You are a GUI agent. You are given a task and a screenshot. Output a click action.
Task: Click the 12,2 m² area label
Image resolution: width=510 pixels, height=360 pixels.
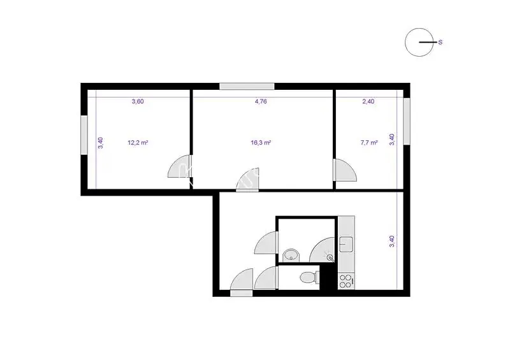(138, 143)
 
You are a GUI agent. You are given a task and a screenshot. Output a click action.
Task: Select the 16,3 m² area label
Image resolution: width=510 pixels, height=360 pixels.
(261, 143)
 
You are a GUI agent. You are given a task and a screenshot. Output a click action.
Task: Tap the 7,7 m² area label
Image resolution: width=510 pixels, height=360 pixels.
(369, 143)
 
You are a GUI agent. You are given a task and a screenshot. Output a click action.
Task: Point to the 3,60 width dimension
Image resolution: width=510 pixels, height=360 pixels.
(138, 101)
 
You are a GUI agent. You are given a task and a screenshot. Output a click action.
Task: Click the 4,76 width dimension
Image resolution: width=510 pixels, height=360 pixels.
(261, 101)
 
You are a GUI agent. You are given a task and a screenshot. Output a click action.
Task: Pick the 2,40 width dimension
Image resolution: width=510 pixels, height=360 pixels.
(368, 101)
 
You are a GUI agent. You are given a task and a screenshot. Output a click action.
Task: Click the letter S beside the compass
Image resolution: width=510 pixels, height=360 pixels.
(441, 42)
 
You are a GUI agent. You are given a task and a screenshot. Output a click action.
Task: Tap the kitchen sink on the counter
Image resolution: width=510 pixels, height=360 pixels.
(346, 244)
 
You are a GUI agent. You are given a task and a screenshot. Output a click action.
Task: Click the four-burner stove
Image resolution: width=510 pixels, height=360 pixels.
(346, 281)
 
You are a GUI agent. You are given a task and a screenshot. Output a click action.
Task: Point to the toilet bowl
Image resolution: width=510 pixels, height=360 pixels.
(307, 277)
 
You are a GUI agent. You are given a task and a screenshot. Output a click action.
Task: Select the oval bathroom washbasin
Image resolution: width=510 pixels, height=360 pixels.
(290, 256)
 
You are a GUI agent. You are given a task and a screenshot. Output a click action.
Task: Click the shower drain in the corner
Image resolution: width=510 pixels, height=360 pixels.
(330, 258)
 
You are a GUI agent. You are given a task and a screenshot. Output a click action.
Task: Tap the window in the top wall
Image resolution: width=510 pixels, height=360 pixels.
(247, 86)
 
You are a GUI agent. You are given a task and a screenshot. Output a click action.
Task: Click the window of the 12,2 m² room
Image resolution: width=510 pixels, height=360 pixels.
(84, 135)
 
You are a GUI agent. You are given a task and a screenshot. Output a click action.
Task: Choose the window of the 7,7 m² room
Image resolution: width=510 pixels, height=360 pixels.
(407, 121)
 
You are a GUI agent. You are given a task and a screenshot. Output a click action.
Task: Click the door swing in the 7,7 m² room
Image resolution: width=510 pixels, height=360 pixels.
(346, 169)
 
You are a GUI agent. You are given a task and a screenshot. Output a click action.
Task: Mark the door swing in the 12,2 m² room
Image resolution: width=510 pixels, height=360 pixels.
(179, 166)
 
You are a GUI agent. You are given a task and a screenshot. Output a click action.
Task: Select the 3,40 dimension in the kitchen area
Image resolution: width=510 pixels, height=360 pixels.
(392, 241)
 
